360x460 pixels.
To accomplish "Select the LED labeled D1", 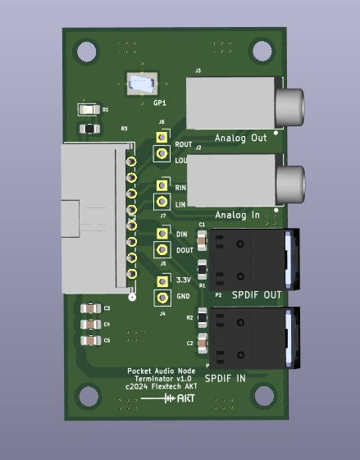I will coord(88,108).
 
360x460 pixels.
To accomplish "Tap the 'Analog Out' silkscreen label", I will coord(240,138).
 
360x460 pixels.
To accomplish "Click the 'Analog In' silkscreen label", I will coord(237,215).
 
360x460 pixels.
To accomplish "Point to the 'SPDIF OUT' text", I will coord(256,294).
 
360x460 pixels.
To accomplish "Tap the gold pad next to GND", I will coord(162,297).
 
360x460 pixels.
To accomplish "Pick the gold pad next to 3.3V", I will coord(162,282).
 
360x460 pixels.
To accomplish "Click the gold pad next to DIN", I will coord(162,235).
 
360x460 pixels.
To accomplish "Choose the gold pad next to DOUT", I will coord(162,250).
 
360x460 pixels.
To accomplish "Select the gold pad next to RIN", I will coord(162,187).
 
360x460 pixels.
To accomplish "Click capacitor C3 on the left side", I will coord(89,308).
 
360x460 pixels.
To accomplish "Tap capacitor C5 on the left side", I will coord(89,339).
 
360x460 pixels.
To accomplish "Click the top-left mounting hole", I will coord(86,51).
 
